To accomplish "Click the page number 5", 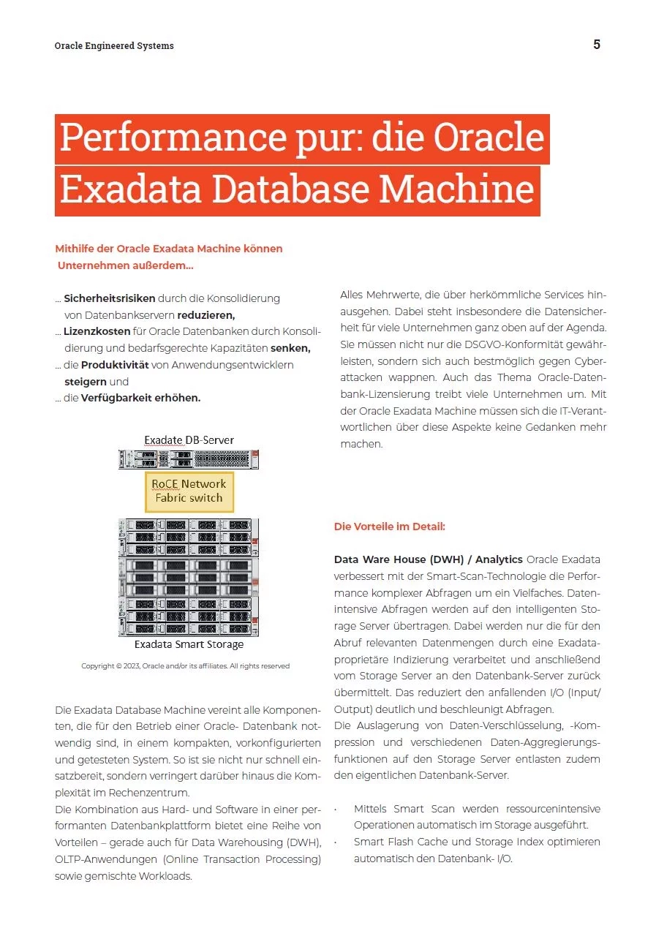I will pos(597,45).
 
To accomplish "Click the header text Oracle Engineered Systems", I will pos(114,45).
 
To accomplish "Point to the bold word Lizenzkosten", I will pos(97,331).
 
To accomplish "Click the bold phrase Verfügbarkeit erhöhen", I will pos(140,398).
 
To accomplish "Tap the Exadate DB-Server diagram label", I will pos(189,440).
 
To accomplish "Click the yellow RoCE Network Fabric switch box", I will pos(189,491).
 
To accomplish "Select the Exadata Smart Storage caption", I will pos(189,645).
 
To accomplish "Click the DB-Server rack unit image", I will pos(189,459).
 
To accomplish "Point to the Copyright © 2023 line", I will pos(185,665).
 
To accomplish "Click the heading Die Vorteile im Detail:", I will pos(389,527).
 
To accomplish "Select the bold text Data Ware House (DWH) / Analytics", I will pos(428,559).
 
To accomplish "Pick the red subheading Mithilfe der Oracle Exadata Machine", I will pos(168,249).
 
